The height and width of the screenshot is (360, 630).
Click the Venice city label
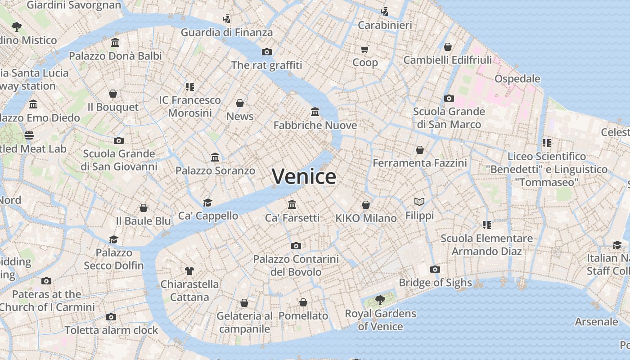coord(304,176)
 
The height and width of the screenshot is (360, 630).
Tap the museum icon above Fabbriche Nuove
coord(315,112)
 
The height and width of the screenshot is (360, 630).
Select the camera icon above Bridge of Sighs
coord(435,269)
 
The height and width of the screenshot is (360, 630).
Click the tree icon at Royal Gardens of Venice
coord(380,300)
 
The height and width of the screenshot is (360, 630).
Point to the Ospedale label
coord(517,79)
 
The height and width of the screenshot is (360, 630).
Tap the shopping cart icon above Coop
coord(365,49)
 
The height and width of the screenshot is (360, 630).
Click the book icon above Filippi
coord(419,202)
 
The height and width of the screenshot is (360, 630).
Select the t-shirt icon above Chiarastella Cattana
coord(189,270)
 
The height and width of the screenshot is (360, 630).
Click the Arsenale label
coord(596,322)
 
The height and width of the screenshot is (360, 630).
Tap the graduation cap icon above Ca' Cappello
coord(207,202)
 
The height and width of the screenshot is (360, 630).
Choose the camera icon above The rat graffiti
coord(266,52)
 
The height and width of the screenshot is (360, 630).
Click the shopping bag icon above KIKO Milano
coord(366,205)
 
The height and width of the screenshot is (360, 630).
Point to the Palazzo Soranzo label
coord(215,171)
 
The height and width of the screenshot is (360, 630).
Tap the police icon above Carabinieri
coord(384,11)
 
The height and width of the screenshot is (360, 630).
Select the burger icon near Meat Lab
coord(29,135)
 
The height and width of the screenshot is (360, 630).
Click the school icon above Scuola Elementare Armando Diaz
coord(486,225)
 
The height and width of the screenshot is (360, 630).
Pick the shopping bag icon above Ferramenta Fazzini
coord(420,149)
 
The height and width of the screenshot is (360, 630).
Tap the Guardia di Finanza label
coord(227,32)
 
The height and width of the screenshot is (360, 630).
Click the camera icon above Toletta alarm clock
coord(111,317)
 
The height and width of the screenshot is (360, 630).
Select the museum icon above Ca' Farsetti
coord(292,204)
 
